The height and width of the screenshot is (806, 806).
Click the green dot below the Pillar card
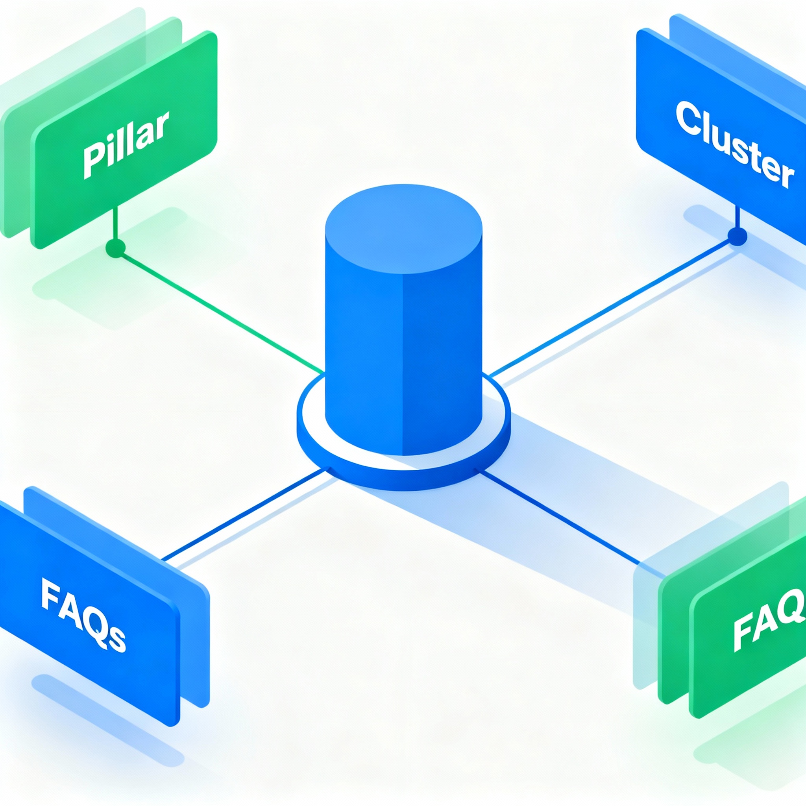(116, 249)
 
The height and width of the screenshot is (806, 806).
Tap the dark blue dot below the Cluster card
(737, 236)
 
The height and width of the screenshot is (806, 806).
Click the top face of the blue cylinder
(403, 229)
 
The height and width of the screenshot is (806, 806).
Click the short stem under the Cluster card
(737, 217)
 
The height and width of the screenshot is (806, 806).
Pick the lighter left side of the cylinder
(363, 355)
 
